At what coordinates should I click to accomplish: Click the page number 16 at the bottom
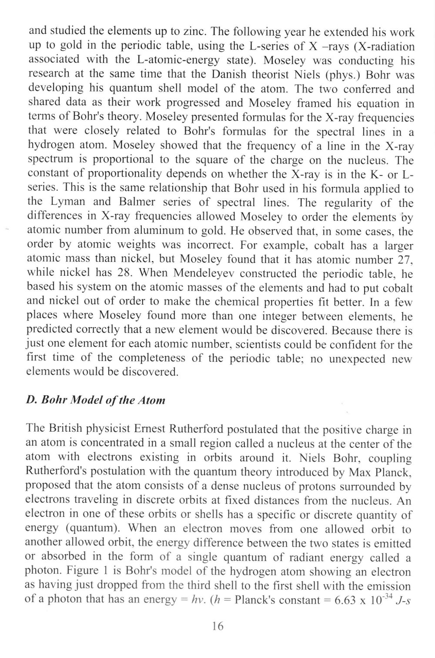coord(217,626)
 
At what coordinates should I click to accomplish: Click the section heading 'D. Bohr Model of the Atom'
coord(96,400)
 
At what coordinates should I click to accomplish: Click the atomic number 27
coord(404,259)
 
